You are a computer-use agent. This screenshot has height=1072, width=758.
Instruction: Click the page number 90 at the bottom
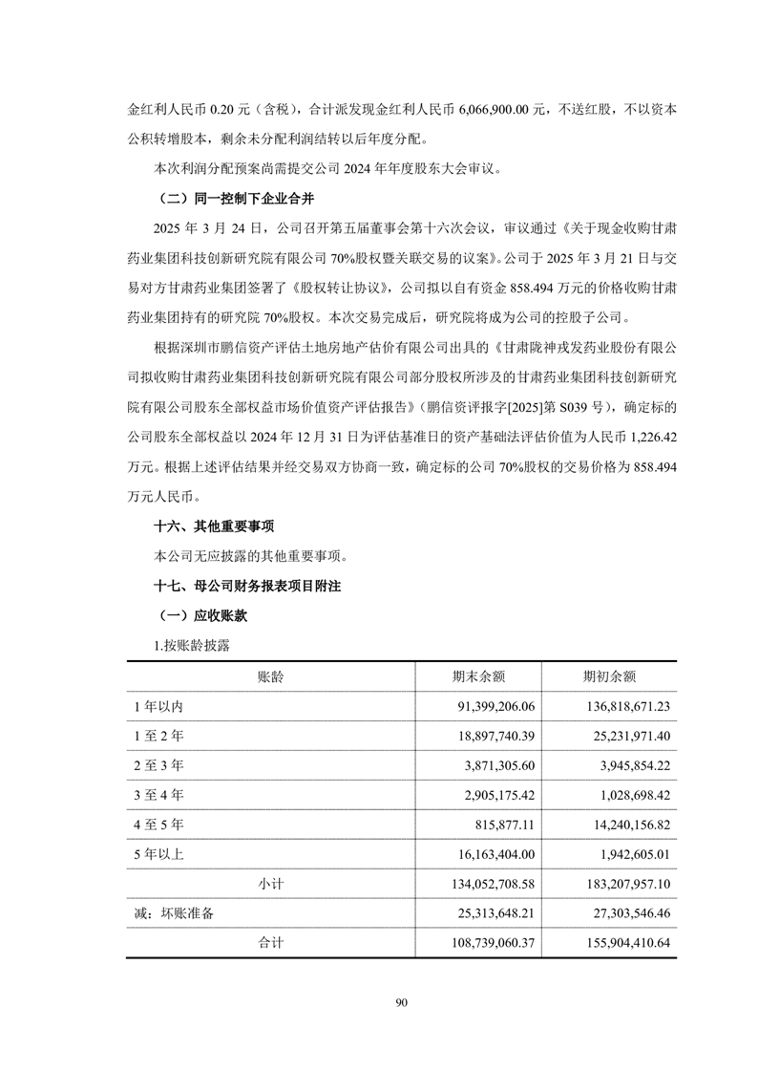pos(401,1002)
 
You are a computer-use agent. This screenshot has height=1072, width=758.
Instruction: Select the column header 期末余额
pos(478,676)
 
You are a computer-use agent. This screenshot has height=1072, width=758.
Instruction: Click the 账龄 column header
pos(270,676)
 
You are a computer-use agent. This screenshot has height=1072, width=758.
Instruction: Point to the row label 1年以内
pos(164,706)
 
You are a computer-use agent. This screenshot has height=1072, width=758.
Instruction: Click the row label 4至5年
pos(159,825)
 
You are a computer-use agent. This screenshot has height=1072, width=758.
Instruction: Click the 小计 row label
pos(270,884)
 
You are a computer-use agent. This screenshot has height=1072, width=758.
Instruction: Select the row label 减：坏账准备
pos(174,913)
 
